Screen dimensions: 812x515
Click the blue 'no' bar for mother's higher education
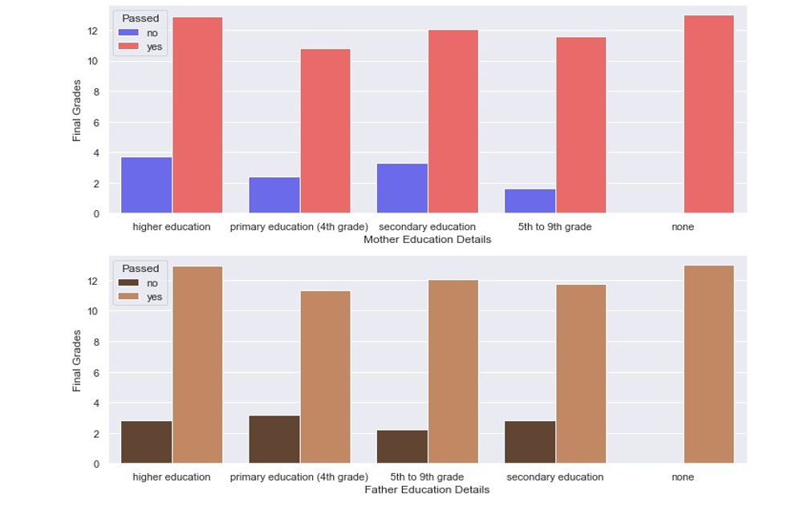click(147, 185)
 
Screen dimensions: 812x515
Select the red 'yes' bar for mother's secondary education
click(453, 121)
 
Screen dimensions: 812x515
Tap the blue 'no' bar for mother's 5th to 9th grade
click(530, 201)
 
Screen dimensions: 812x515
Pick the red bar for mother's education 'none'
click(709, 114)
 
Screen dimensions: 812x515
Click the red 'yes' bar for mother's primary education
click(325, 131)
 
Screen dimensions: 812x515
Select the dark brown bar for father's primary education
click(274, 439)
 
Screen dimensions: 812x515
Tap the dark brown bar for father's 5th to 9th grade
click(402, 446)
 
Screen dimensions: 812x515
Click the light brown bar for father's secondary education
click(581, 374)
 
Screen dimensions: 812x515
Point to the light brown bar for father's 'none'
click(709, 364)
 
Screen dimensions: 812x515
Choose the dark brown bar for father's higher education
click(147, 441)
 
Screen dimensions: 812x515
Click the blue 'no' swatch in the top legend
click(128, 32)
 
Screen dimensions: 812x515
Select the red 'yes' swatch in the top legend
click(128, 46)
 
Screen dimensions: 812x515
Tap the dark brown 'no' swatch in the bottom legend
click(128, 282)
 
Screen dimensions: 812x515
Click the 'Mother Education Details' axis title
click(427, 240)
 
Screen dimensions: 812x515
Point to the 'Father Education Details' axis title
click(427, 489)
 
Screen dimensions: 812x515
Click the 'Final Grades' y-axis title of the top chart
click(77, 110)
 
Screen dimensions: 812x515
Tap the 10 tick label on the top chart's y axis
click(93, 62)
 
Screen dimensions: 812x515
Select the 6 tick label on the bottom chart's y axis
click(95, 373)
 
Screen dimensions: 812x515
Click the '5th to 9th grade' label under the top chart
click(554, 227)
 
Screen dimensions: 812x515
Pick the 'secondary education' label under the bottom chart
click(554, 477)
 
